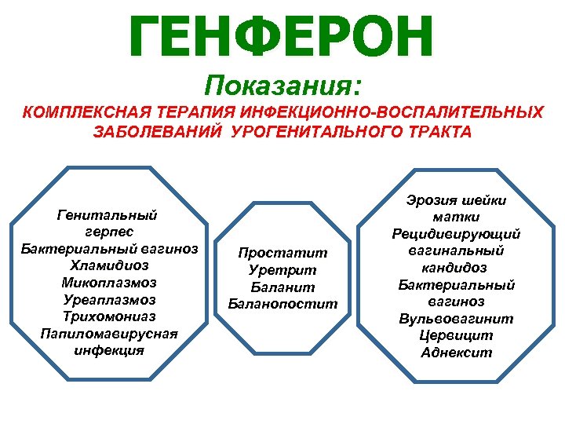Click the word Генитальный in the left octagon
[x=108, y=214]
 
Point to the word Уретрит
[x=282, y=269]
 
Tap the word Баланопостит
[x=282, y=303]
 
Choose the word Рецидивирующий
[x=456, y=234]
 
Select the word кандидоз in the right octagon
[x=456, y=268]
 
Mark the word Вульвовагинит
[x=456, y=319]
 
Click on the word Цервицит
[x=456, y=336]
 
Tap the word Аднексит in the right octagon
[x=456, y=353]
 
